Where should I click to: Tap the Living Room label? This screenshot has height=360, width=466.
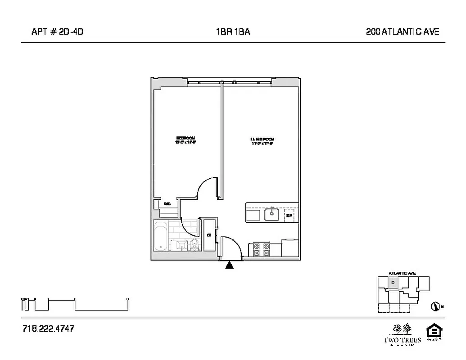(262, 140)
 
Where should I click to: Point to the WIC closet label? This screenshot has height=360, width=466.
(167, 204)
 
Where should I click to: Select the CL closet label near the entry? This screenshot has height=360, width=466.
(209, 235)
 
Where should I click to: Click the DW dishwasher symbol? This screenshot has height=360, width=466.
(290, 216)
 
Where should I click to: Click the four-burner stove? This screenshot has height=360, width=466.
(261, 249)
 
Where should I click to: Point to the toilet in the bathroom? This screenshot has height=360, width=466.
(195, 245)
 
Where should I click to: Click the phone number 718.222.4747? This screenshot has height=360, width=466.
(48, 329)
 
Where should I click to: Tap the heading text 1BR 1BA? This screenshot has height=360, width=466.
(233, 31)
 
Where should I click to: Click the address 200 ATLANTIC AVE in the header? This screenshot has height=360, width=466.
(403, 31)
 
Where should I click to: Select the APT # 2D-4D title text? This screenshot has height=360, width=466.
(58, 31)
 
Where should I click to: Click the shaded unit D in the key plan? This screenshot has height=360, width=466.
(393, 283)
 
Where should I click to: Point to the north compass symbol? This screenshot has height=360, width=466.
(435, 307)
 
